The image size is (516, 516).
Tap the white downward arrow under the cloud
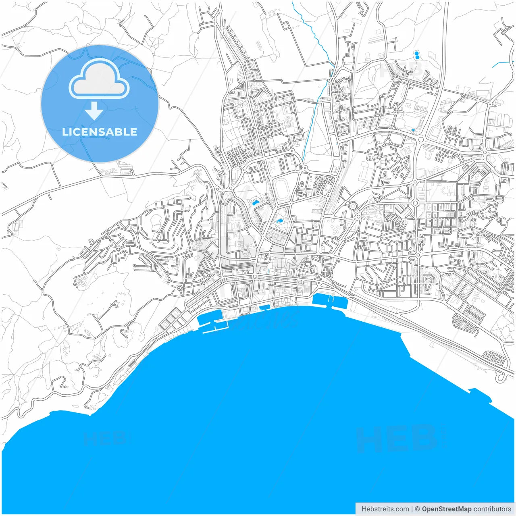(x=94, y=111)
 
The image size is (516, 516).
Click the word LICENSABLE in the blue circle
(x=100, y=132)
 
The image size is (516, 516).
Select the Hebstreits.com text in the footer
(x=385, y=509)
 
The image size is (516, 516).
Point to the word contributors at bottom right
(x=492, y=509)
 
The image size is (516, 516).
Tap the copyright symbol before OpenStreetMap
(x=417, y=509)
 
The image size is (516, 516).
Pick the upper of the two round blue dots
(x=416, y=53)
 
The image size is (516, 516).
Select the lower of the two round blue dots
(x=416, y=58)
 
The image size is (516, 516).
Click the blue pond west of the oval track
(x=255, y=202)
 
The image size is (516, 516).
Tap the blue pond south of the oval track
(x=279, y=221)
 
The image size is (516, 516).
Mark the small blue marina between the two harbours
(x=265, y=308)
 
